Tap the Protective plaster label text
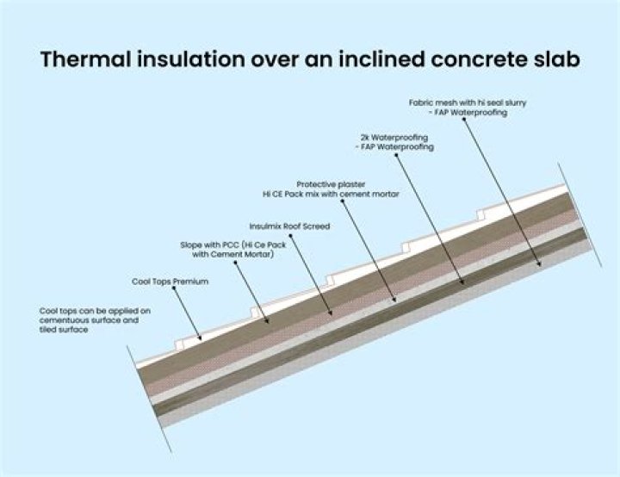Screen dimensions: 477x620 coord(331,183)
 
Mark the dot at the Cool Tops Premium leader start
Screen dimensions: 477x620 coord(173,290)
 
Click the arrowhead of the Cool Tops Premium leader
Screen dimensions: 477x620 coord(201,339)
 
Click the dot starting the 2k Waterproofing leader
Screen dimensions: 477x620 coord(397,153)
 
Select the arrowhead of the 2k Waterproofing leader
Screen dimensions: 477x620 coord(462,284)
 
